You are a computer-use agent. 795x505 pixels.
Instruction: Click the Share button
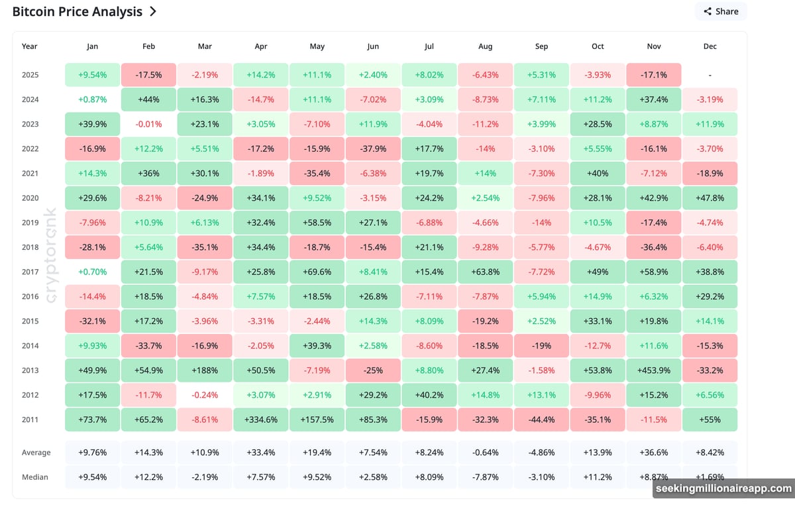click(x=721, y=11)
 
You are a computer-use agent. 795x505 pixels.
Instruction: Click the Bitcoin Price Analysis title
click(x=77, y=11)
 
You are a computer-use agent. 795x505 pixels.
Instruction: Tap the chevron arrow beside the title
click(x=153, y=11)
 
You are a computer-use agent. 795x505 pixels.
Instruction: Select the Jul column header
click(x=429, y=46)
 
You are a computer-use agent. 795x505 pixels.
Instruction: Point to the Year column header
click(x=29, y=46)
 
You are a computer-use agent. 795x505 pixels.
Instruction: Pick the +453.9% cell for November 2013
click(x=655, y=370)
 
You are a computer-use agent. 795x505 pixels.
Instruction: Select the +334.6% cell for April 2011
click(x=260, y=420)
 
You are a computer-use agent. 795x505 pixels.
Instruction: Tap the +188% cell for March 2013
click(x=205, y=370)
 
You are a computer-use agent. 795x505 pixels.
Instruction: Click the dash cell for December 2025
click(x=710, y=75)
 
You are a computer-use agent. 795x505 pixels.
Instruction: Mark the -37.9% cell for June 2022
click(x=372, y=148)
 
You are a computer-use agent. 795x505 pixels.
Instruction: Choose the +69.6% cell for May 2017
click(x=317, y=272)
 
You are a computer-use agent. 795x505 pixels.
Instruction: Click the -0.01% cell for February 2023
click(x=148, y=124)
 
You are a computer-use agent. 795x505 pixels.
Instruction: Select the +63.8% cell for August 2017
click(x=485, y=272)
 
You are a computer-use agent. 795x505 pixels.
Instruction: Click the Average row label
click(x=36, y=453)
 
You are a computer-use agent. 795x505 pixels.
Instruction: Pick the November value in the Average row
click(x=655, y=453)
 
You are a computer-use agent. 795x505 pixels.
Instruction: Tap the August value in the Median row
click(x=485, y=477)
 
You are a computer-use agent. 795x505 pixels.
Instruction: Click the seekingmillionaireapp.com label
click(x=723, y=488)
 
